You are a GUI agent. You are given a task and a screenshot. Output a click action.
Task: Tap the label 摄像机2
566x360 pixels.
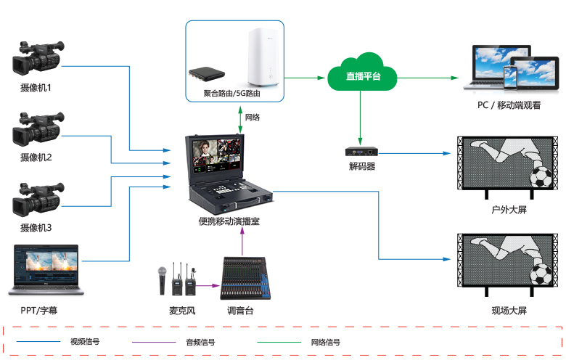pyautogui.click(x=36, y=157)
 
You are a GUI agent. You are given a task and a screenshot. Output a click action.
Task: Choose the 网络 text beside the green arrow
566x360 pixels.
pyautogui.click(x=253, y=118)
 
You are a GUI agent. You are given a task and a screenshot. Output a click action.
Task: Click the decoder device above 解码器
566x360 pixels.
pyautogui.click(x=361, y=152)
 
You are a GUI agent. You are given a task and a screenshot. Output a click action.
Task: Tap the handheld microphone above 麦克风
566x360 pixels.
pyautogui.click(x=163, y=279)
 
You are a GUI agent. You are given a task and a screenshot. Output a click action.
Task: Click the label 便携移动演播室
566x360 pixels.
pyautogui.click(x=229, y=221)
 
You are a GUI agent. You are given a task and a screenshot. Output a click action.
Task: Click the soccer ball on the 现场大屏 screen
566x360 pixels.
pyautogui.click(x=541, y=274)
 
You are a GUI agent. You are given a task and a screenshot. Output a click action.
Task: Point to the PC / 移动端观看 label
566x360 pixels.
pyautogui.click(x=509, y=105)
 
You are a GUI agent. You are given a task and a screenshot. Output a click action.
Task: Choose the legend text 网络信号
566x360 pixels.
pyautogui.click(x=324, y=342)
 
